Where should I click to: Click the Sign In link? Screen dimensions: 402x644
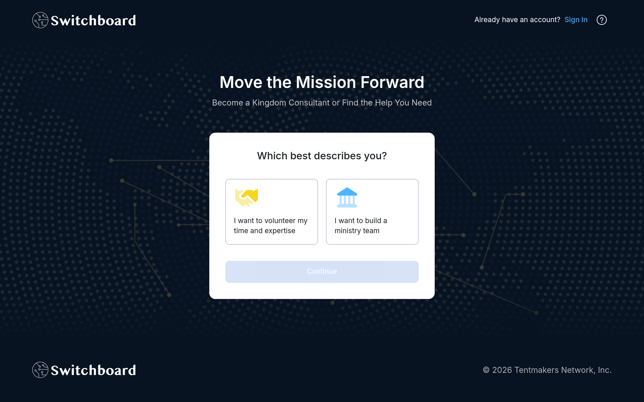(x=576, y=20)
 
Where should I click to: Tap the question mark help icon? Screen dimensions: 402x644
(x=601, y=20)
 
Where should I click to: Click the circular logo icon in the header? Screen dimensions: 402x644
(x=40, y=20)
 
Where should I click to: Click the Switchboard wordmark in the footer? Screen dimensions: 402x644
(x=93, y=370)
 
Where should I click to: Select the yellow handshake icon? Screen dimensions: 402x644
(x=247, y=197)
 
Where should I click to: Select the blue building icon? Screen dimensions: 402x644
(x=347, y=197)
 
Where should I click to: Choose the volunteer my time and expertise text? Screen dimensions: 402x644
(x=270, y=225)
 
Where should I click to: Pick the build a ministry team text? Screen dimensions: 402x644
(x=360, y=225)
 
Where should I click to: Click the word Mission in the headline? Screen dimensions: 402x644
(x=326, y=82)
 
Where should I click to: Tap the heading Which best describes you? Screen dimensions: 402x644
(x=322, y=156)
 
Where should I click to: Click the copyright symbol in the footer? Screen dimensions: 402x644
(x=486, y=370)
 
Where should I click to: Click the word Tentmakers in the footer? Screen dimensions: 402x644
(x=536, y=370)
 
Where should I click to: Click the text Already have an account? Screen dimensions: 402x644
(x=517, y=20)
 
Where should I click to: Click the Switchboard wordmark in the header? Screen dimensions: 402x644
(x=93, y=20)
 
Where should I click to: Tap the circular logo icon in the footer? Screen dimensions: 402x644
(x=40, y=370)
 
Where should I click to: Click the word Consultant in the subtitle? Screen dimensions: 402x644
(x=309, y=103)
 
